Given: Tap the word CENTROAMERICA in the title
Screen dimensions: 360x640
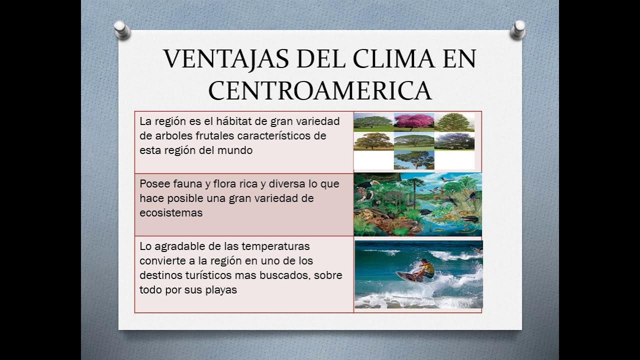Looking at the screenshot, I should point(320,90).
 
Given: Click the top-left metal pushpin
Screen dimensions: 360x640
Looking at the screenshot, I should point(121,29).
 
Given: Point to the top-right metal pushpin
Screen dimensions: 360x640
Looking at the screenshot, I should point(518,29).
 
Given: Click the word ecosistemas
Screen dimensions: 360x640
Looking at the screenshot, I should point(171,212).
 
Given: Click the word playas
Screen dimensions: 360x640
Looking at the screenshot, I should point(221,289).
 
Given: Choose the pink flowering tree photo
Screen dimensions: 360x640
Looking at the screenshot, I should point(413,121).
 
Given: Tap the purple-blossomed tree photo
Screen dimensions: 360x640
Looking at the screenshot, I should point(454,141).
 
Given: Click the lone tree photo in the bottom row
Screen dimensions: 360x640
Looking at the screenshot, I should point(413,160).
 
